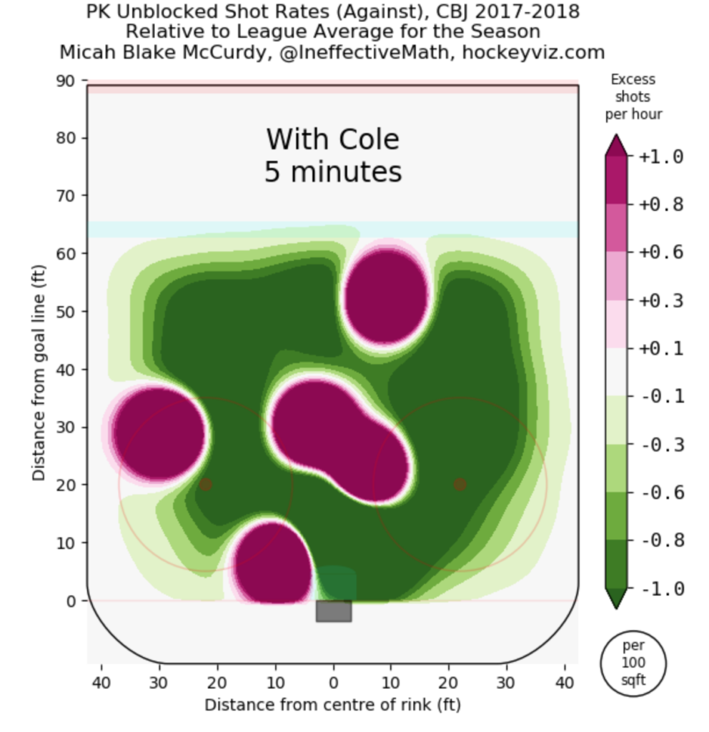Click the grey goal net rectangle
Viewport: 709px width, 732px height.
333,610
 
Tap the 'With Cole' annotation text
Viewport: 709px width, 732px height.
332,139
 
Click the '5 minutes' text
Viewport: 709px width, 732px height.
332,172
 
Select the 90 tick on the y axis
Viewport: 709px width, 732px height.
66,81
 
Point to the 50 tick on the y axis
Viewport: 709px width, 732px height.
66,312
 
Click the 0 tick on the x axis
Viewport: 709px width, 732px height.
333,681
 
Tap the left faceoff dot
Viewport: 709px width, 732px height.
206,485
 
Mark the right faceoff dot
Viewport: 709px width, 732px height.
460,485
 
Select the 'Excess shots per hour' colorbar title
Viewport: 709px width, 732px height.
633,97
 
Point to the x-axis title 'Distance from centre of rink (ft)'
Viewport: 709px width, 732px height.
332,705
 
